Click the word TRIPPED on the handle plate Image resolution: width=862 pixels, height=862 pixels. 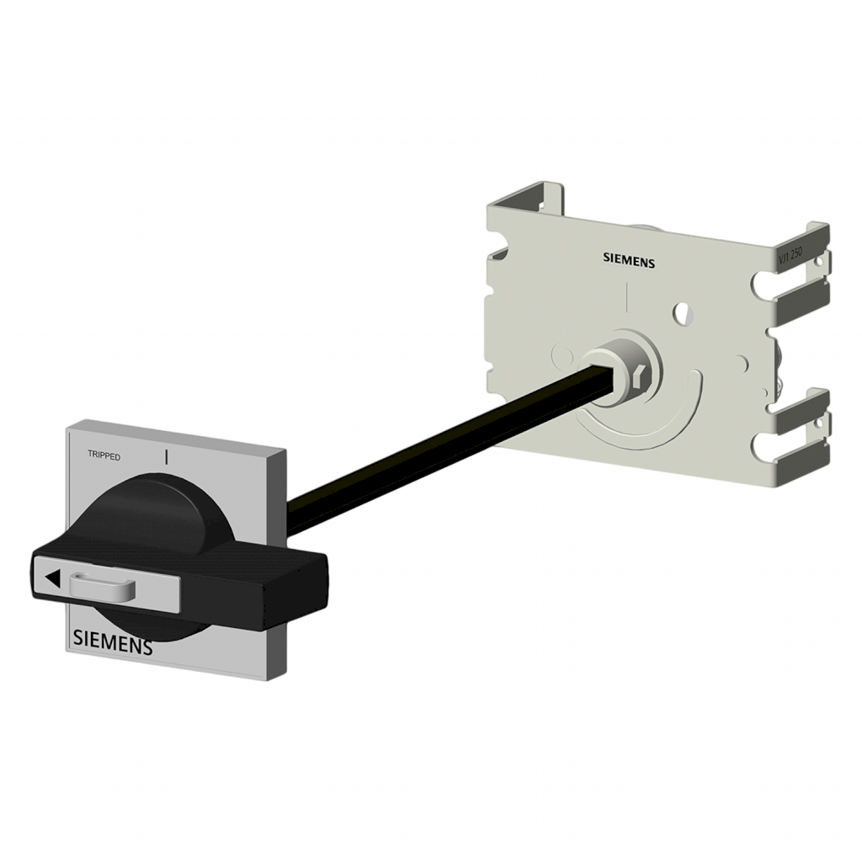104,455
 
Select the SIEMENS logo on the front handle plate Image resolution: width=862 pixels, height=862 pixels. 113,642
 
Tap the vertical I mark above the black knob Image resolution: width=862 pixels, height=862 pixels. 167,456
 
